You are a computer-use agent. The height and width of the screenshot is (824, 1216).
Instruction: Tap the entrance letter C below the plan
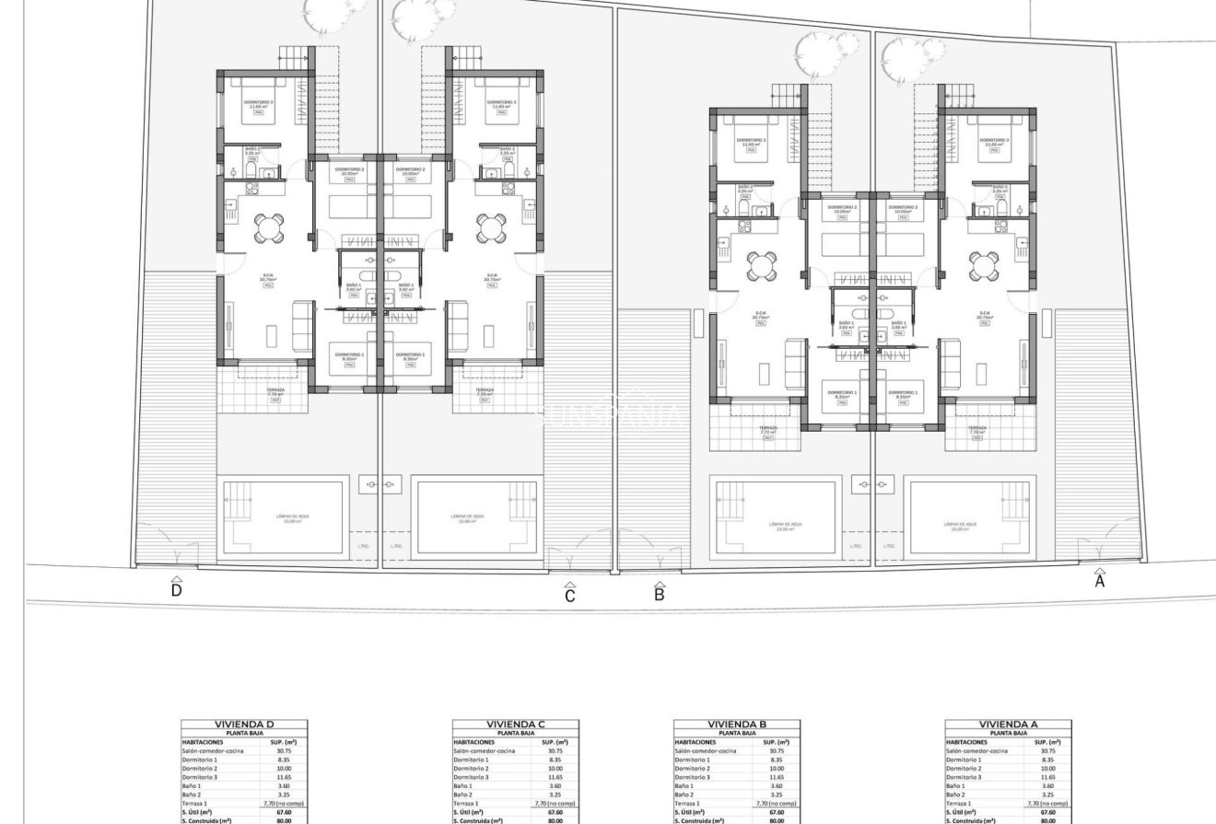(x=570, y=596)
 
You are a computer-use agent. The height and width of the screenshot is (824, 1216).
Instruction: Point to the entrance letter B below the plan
(x=660, y=594)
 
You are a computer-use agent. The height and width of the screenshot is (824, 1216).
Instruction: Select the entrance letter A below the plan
(x=1099, y=580)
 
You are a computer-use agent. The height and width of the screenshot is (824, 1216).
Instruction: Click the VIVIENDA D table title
(x=244, y=725)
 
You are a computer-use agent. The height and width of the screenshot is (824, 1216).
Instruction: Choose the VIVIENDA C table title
(x=516, y=725)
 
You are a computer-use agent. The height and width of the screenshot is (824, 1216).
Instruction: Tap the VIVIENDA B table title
(x=737, y=725)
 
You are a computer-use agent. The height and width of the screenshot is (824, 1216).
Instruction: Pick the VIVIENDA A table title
(x=1009, y=725)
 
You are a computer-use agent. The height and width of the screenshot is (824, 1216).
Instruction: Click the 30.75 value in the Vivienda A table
(x=1047, y=750)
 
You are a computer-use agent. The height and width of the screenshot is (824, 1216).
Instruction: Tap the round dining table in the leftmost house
(x=269, y=227)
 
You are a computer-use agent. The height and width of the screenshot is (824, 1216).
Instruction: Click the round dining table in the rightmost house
(x=982, y=266)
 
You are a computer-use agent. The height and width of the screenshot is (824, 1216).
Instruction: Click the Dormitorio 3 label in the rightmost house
(x=995, y=142)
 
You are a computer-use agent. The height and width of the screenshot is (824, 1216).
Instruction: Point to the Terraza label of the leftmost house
(x=275, y=391)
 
